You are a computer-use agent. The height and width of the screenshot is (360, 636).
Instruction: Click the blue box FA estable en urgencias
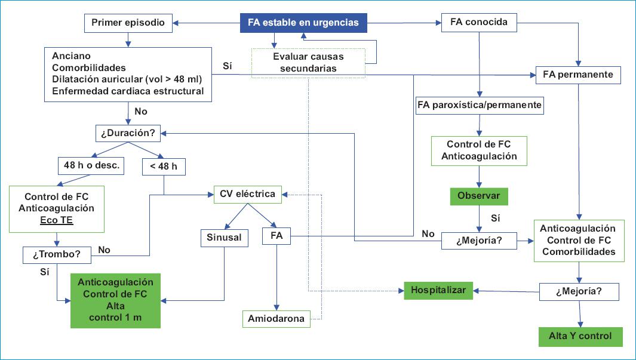[x=303, y=23]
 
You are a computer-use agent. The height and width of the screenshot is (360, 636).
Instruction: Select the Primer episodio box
[x=127, y=24]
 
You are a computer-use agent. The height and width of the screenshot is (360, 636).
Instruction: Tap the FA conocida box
[x=479, y=23]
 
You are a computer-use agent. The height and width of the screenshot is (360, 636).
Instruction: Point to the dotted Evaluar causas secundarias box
[x=308, y=62]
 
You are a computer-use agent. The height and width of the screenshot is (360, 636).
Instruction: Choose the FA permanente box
[x=579, y=75]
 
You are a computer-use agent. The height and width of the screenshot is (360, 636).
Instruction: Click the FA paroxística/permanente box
[x=480, y=106]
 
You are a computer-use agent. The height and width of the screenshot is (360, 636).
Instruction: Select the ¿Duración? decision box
[x=128, y=133]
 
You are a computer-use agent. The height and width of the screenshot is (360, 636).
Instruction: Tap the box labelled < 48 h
[x=164, y=166]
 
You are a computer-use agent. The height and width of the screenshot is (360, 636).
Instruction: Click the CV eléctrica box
[x=248, y=193]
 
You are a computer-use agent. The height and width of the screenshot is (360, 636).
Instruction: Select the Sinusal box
[x=225, y=237]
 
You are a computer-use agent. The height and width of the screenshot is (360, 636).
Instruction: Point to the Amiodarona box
[x=276, y=319]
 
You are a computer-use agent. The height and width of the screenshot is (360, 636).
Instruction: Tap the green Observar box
[x=479, y=195]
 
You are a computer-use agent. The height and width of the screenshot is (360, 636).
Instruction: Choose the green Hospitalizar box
[x=438, y=290]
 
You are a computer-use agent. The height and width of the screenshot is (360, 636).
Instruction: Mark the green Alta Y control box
[x=580, y=336]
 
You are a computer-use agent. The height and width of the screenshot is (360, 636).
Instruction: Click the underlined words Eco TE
[x=56, y=220]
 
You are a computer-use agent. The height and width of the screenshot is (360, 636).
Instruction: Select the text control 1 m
[x=115, y=316]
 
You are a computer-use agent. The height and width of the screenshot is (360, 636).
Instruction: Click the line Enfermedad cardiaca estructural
[x=128, y=91]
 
